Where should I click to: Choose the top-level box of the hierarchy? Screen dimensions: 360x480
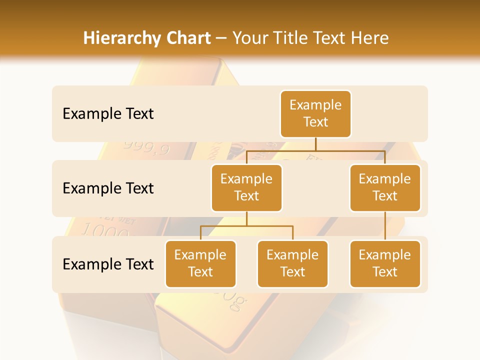[x=315, y=114]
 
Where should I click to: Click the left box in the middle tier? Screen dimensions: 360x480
[x=246, y=188]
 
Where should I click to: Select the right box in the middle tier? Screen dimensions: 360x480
[x=385, y=188]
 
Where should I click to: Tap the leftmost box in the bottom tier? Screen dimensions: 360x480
[x=200, y=264]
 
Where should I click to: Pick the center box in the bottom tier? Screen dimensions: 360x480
[x=292, y=264]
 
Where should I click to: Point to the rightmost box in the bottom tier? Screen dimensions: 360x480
[x=385, y=264]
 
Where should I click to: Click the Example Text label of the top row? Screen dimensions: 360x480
[x=108, y=114]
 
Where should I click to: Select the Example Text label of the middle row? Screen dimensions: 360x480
[x=108, y=188]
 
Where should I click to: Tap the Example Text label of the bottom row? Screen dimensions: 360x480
[x=108, y=264]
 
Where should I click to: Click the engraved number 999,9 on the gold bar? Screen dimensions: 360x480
[x=146, y=148]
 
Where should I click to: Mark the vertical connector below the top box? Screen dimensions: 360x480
[x=315, y=144]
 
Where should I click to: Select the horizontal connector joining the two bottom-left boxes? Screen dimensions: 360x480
[x=246, y=226]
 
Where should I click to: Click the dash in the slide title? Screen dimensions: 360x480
[x=221, y=38]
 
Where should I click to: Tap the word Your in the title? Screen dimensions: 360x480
[x=249, y=38]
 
